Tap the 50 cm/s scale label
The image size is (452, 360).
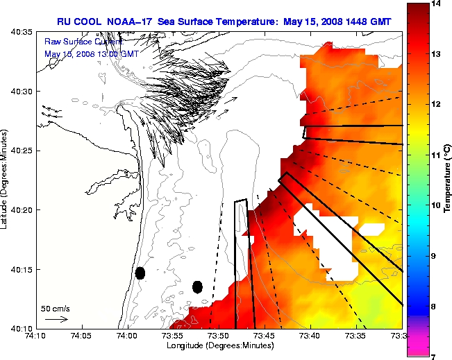pos(56,308)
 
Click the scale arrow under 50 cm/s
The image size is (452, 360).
pos(56,319)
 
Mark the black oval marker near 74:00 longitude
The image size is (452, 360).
pos(140,273)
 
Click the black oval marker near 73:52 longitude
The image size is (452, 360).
pos(197,286)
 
